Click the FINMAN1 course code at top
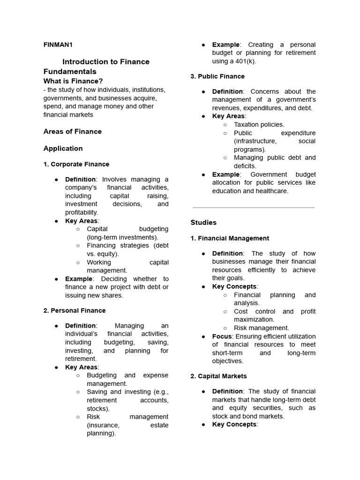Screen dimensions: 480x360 tap(58, 45)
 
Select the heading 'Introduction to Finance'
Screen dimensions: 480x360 tap(106, 61)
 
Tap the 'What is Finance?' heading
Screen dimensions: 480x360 tap(73, 81)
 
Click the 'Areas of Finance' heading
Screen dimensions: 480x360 tap(72, 131)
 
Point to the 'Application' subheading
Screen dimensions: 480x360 tap(63, 148)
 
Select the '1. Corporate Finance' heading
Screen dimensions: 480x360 tap(76, 164)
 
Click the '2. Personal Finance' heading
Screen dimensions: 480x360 tap(75, 310)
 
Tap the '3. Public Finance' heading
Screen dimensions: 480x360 tap(217, 76)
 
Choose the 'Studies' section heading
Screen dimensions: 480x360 tap(203, 222)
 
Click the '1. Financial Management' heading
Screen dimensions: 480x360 tap(230, 238)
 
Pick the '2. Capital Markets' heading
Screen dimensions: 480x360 tap(218, 376)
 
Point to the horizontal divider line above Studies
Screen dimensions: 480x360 tap(253, 207)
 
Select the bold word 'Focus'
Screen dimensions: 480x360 tap(222, 336)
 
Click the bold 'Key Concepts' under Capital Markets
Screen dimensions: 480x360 tap(234, 424)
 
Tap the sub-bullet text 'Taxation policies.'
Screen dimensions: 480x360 tap(259, 124)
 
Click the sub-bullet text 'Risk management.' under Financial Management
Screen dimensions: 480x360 tap(261, 328)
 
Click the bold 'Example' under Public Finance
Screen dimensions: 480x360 tap(225, 174)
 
